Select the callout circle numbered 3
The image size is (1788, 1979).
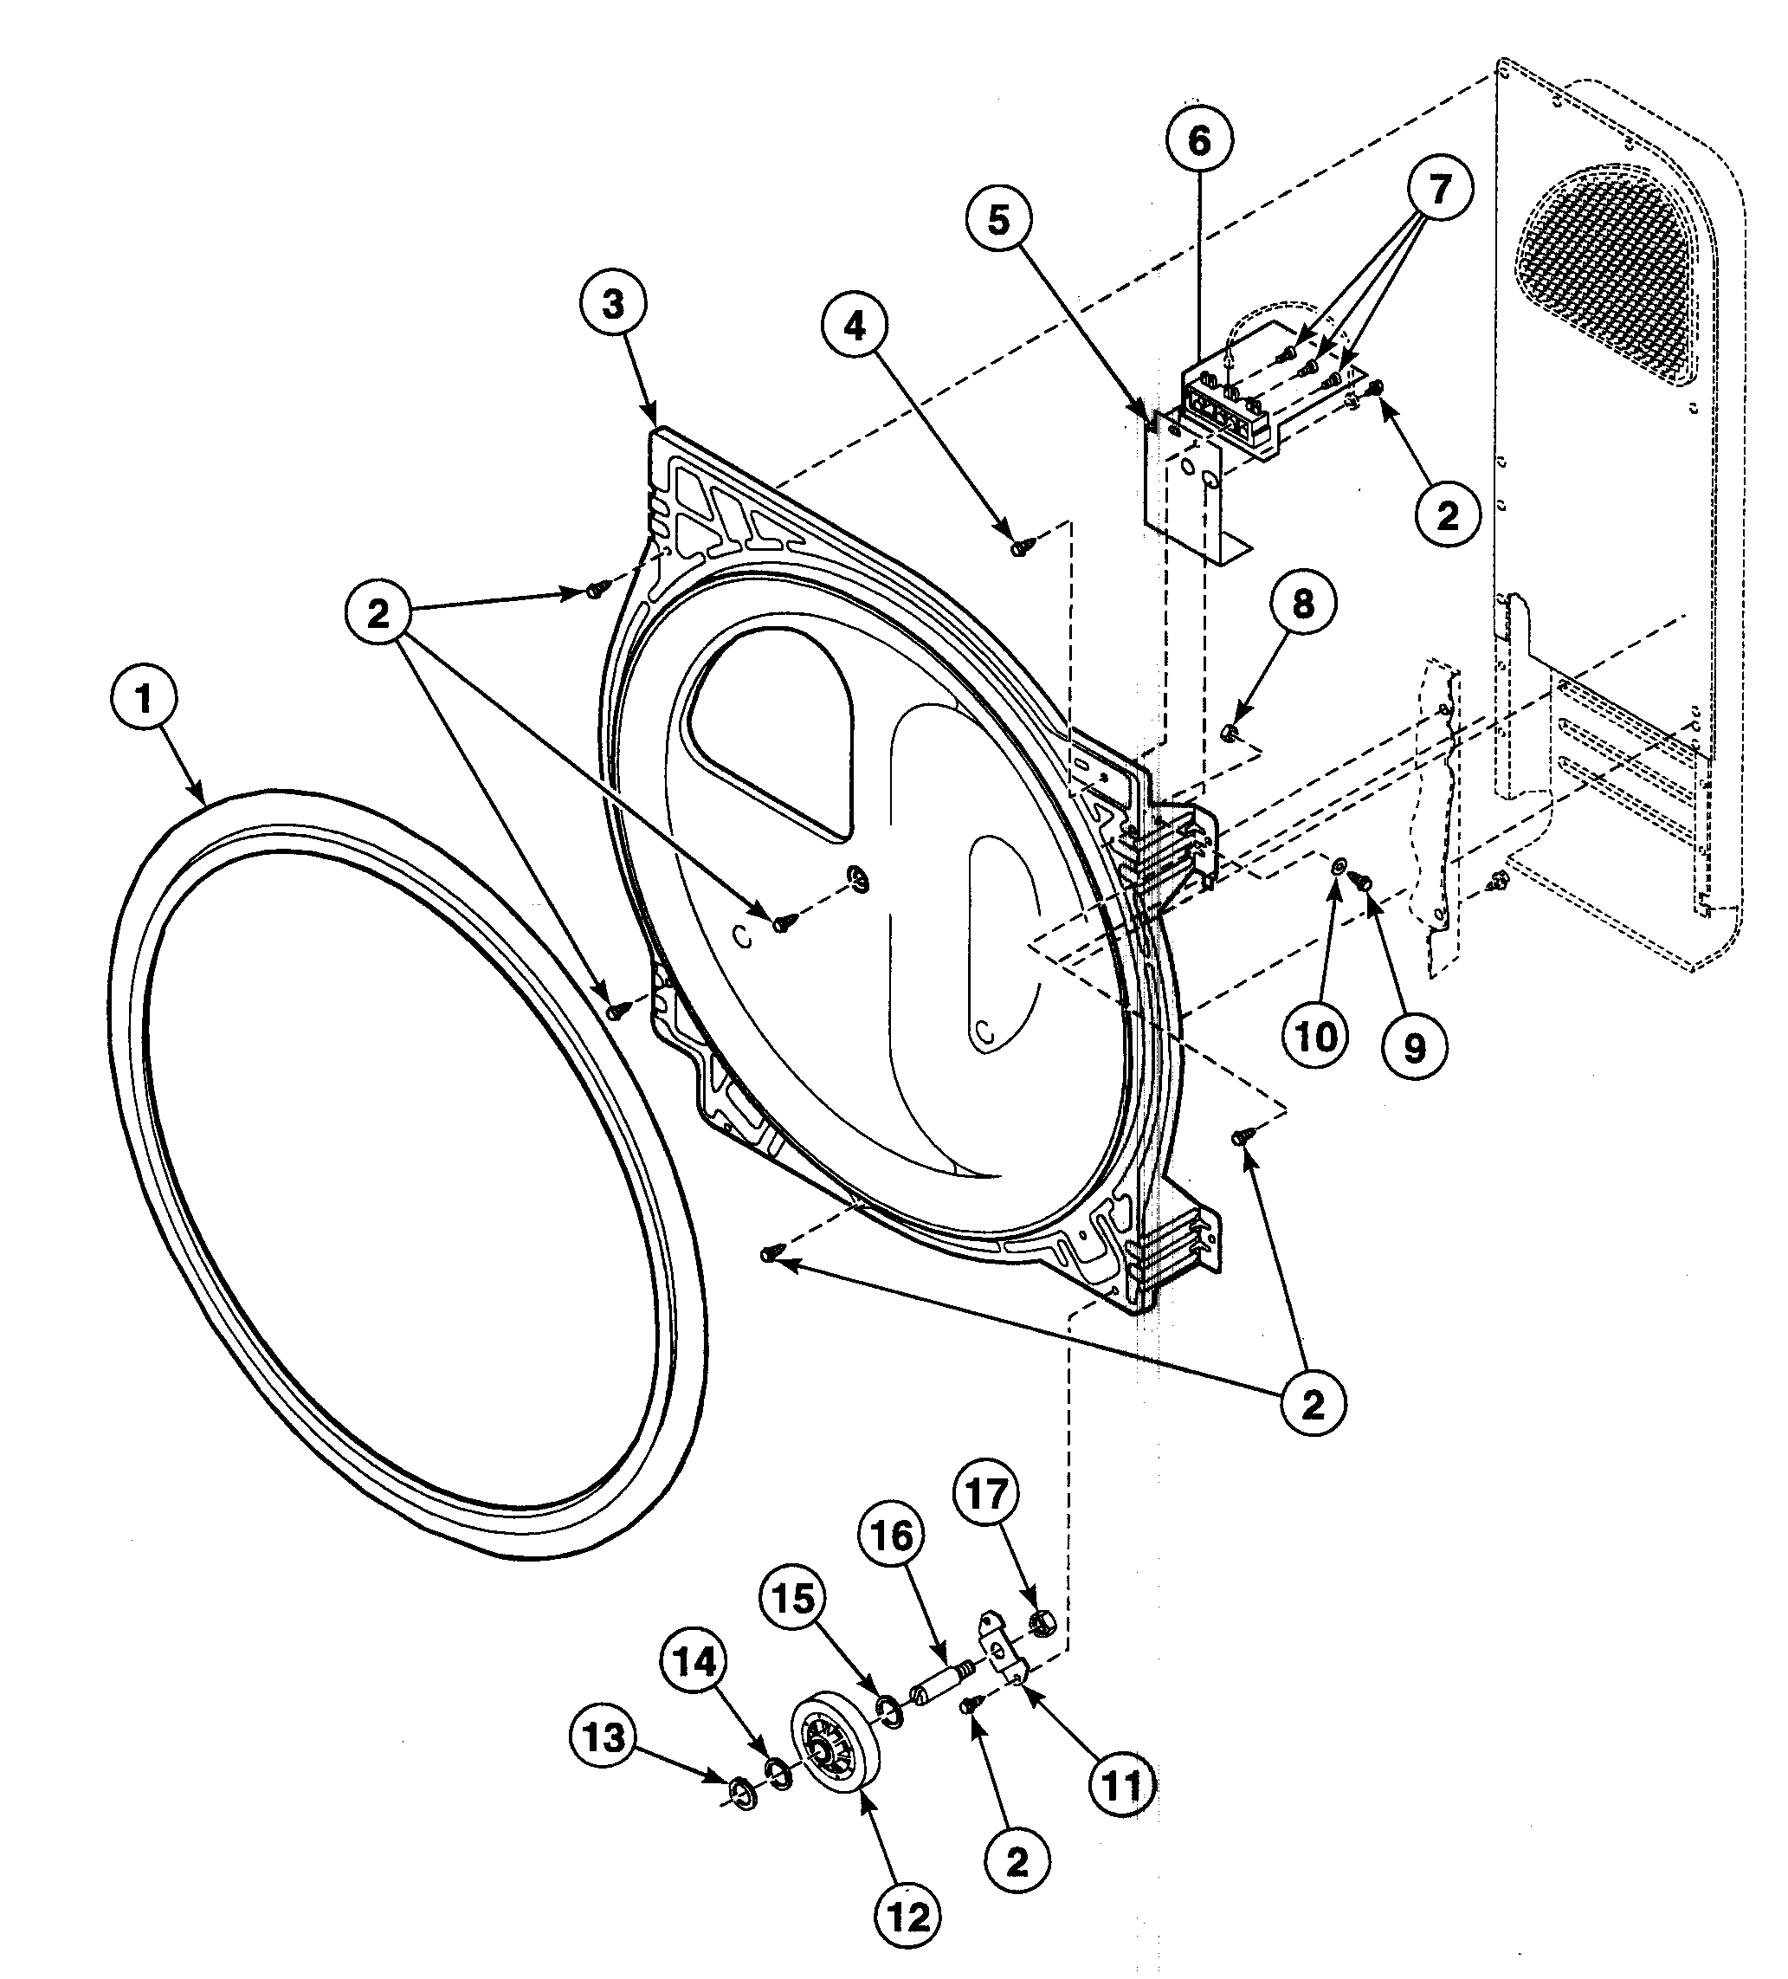[612, 304]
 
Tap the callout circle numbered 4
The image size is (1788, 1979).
[855, 326]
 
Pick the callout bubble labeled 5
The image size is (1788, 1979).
[998, 220]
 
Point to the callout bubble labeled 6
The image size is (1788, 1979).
[1199, 141]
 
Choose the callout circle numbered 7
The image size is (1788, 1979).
[1439, 189]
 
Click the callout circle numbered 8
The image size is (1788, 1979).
[1302, 604]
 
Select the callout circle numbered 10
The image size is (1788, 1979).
[1315, 1036]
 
